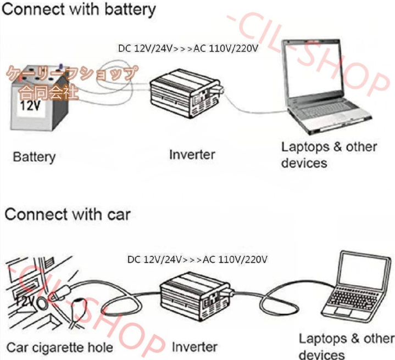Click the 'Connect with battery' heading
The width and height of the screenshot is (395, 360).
[79, 9]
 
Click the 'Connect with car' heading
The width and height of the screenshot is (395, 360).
[68, 215]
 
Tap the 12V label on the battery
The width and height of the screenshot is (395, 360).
[30, 106]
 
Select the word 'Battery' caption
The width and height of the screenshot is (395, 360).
[34, 157]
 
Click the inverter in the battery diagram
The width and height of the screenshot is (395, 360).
[186, 94]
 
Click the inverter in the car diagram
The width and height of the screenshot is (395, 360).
[197, 297]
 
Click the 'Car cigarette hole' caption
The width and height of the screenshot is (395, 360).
[60, 348]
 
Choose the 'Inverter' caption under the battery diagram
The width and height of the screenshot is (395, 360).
[192, 154]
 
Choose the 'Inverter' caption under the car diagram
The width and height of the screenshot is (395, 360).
[194, 347]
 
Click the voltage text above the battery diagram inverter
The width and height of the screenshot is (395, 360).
[188, 48]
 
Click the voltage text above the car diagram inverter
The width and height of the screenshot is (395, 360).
[197, 260]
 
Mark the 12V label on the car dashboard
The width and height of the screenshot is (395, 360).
[25, 300]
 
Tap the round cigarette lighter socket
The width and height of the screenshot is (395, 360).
[42, 303]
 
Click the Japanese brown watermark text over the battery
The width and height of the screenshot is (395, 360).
[73, 82]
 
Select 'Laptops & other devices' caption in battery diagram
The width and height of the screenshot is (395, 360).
[329, 155]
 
